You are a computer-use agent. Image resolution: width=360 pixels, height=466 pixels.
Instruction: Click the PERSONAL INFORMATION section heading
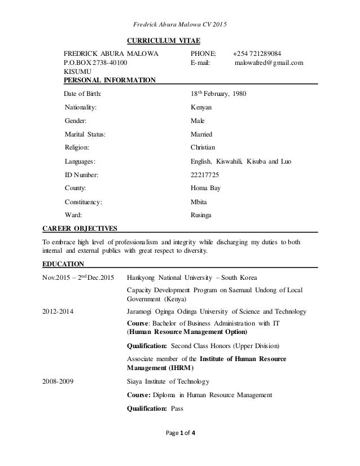(x=110, y=81)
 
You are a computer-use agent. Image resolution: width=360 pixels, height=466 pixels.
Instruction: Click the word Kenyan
(x=201, y=107)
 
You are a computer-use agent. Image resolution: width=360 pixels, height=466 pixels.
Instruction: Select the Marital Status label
(x=85, y=134)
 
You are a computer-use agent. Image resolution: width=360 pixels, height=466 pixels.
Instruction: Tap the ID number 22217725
(x=206, y=174)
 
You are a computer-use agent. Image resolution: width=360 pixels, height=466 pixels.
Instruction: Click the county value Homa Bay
(x=206, y=188)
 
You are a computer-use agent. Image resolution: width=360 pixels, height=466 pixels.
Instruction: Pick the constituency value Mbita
(x=200, y=201)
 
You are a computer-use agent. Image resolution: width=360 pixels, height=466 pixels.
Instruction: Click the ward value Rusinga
(x=203, y=214)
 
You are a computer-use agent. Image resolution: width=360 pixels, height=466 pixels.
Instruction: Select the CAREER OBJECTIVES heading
(x=80, y=228)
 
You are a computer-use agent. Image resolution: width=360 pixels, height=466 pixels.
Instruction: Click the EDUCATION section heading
(x=63, y=263)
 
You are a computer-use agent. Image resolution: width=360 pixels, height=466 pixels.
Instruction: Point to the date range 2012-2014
(x=56, y=311)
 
